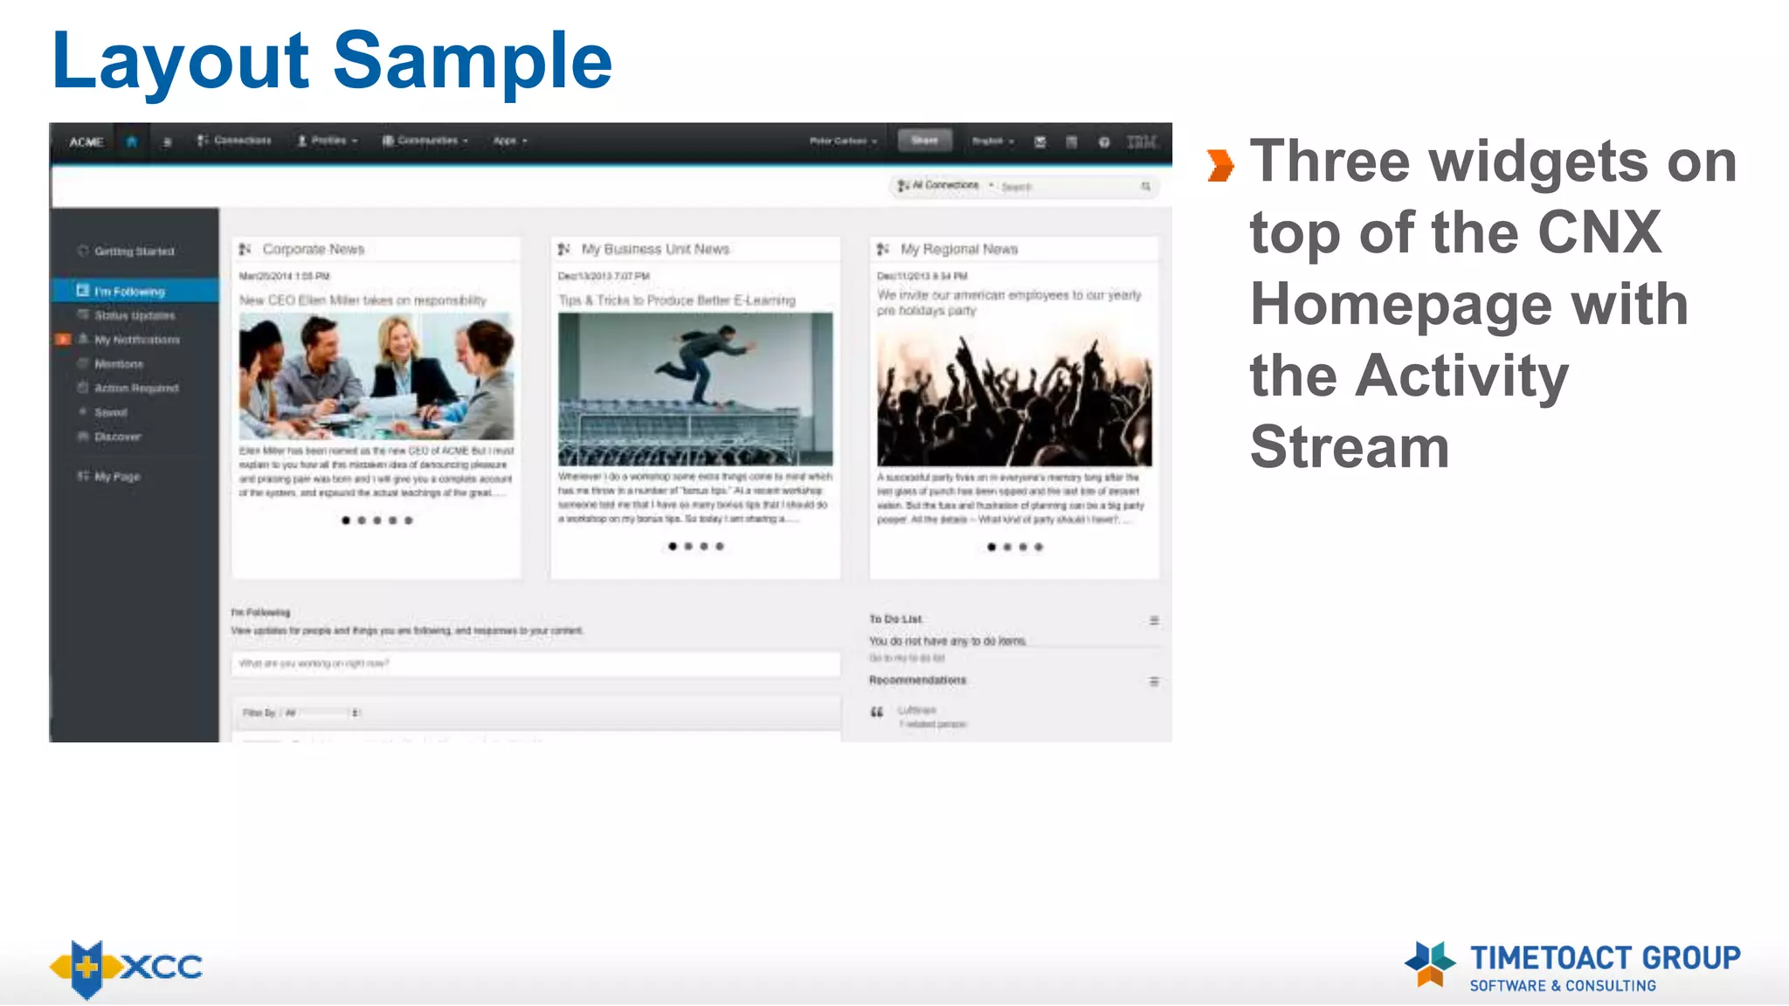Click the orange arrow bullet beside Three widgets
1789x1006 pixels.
point(1220,165)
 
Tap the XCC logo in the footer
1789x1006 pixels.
point(127,968)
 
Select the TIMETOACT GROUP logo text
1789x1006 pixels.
point(1605,958)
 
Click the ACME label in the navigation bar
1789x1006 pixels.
point(86,141)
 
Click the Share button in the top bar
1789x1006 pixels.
point(924,141)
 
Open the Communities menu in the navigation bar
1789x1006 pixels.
point(426,141)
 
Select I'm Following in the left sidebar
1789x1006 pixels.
point(128,291)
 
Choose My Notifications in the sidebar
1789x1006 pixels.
point(136,340)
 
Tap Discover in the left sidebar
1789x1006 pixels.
point(117,436)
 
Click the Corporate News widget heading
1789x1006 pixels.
point(313,249)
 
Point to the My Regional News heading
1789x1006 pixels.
point(958,249)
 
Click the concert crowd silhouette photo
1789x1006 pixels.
point(1013,402)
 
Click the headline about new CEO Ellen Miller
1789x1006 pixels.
point(363,300)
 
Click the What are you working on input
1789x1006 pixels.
point(535,664)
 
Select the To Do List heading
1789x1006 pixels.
point(895,619)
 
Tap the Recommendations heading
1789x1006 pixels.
point(917,680)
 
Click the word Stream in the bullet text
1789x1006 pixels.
point(1350,447)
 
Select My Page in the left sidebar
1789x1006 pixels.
point(117,477)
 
